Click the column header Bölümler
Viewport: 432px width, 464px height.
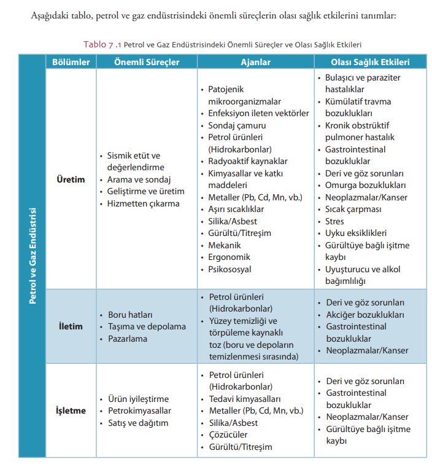pyautogui.click(x=71, y=62)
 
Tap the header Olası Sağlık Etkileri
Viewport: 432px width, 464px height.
pyautogui.click(x=370, y=62)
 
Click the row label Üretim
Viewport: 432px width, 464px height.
pyautogui.click(x=71, y=179)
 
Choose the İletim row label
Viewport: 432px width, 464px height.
pyautogui.click(x=71, y=326)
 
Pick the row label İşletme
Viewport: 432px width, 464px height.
pyautogui.click(x=71, y=411)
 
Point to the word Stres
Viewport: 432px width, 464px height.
pyautogui.click(x=335, y=221)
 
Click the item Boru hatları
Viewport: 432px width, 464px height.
pyautogui.click(x=130, y=315)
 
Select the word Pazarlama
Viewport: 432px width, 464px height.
pyautogui.click(x=129, y=338)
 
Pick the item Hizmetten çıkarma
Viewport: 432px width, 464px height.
pyautogui.click(x=144, y=203)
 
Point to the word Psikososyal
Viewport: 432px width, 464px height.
pyautogui.click(x=230, y=269)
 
